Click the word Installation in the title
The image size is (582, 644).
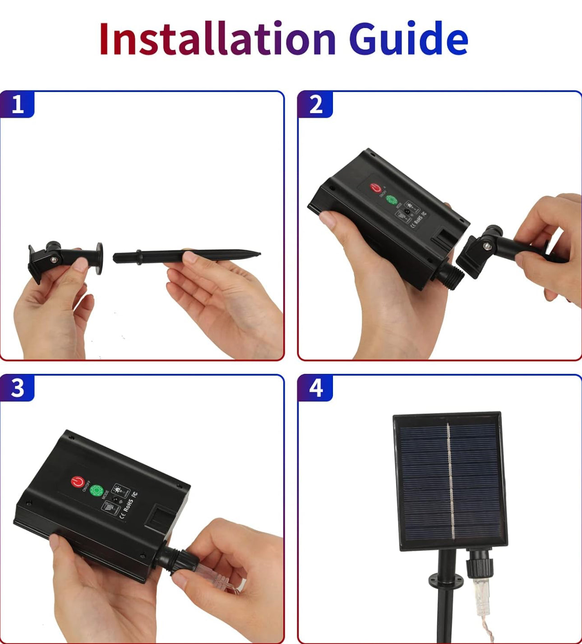(217, 39)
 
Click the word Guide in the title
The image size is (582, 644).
(408, 39)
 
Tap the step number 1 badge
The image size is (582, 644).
(17, 105)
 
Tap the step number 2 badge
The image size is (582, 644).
(315, 105)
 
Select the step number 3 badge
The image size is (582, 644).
(17, 388)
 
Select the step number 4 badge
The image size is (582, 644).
(315, 388)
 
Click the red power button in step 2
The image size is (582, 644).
(375, 188)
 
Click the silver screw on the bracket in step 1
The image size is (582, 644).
(54, 259)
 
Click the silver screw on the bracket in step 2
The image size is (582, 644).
(487, 246)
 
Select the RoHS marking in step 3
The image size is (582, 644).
(128, 506)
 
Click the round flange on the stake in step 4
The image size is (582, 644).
(446, 579)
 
